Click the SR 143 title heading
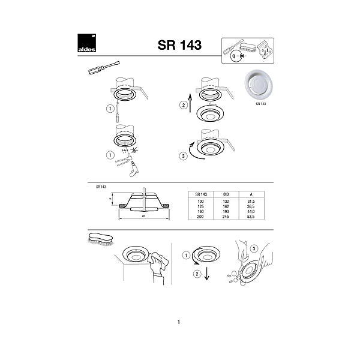[x=179, y=45]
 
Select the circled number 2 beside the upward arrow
[x=184, y=106]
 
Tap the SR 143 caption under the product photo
[x=260, y=104]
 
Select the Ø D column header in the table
[x=224, y=194]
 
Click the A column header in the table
[x=250, y=194]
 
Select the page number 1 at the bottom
[x=179, y=322]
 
